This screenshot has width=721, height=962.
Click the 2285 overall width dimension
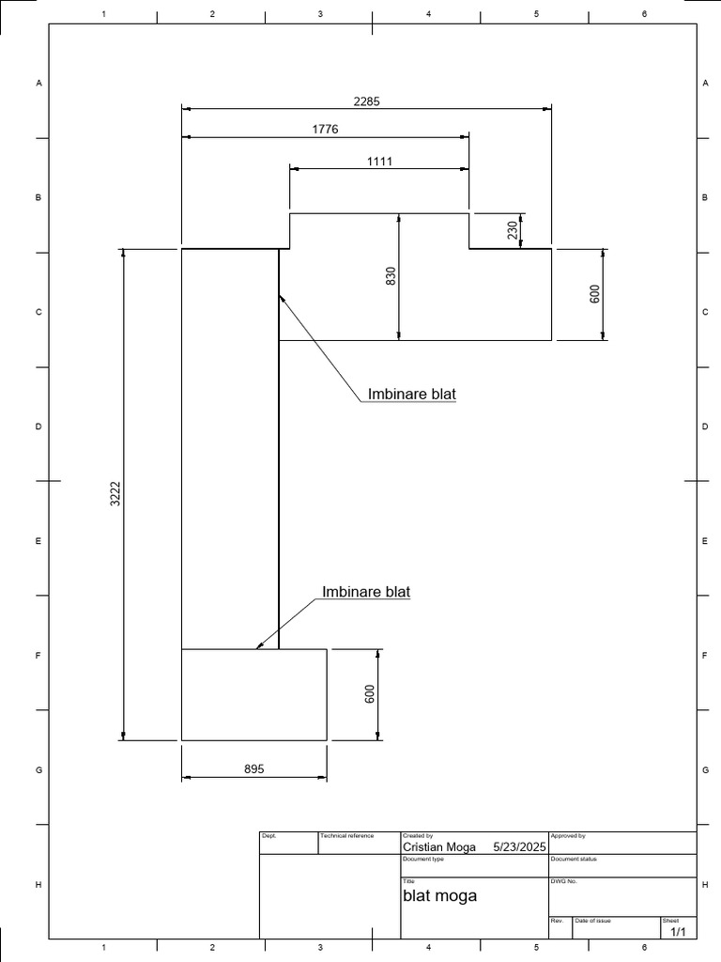[x=366, y=101]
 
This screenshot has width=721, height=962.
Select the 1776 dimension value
[x=325, y=129]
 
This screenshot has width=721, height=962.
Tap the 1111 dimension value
[x=379, y=161]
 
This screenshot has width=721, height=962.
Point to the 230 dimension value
[x=513, y=230]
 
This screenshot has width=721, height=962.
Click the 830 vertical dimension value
[x=391, y=276]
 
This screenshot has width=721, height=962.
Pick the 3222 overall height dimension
[x=115, y=494]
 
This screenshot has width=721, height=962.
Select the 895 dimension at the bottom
[x=253, y=768]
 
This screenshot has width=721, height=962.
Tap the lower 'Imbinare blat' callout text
[x=366, y=592]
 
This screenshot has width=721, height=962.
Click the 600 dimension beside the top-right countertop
[x=593, y=294]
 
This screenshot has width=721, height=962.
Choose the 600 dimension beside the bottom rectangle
[x=370, y=694]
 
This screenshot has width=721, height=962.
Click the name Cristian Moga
[x=438, y=846]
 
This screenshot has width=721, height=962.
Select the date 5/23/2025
[x=519, y=846]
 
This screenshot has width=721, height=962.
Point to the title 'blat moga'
[x=439, y=895]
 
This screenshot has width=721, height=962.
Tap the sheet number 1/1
[x=679, y=931]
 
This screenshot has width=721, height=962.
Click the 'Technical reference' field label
[x=346, y=835]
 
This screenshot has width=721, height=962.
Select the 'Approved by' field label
[x=568, y=835]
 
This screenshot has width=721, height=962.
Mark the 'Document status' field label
[x=574, y=859]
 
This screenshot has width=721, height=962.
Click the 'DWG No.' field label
[x=563, y=881]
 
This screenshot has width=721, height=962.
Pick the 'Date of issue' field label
[x=593, y=921]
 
